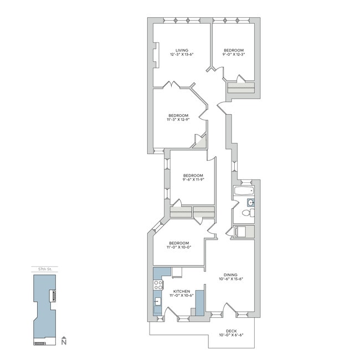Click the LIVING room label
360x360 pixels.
coord(179,49)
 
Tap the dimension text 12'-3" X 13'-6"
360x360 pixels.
coord(179,54)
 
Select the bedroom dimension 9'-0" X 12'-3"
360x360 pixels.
coord(234,54)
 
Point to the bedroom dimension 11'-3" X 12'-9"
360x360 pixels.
coord(178,119)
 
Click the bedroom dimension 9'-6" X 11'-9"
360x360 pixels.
coord(193,179)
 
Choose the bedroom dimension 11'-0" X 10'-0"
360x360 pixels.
coord(179,248)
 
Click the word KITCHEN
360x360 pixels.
coord(182,291)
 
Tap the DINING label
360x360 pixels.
coord(230,274)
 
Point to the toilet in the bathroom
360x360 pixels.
coord(248,213)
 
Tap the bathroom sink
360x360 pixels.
coord(250,202)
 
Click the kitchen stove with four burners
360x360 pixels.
coord(158,285)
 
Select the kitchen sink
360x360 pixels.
coord(157,302)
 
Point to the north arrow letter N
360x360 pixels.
coord(65,343)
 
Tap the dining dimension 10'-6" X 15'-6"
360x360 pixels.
coord(230,279)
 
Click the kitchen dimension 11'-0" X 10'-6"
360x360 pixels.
coord(182,296)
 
